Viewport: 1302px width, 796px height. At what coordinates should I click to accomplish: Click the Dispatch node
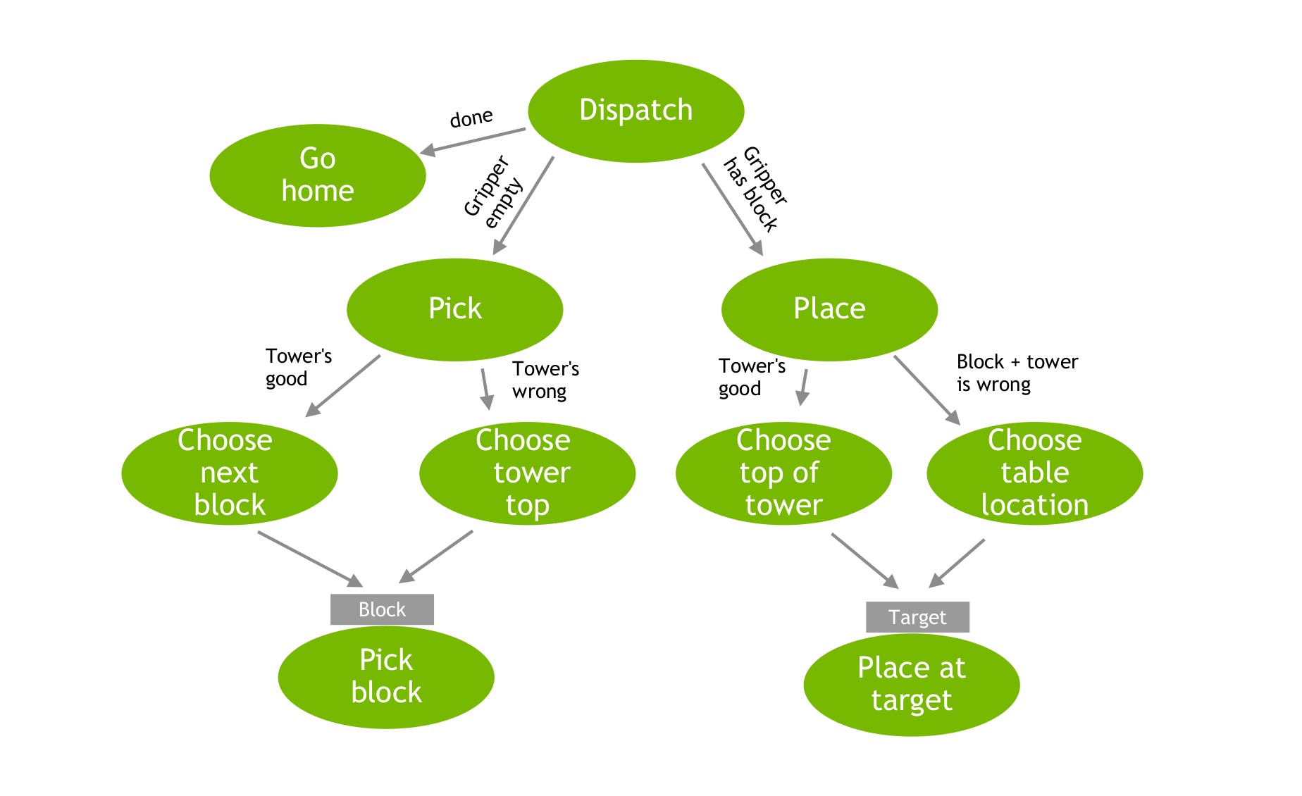[x=635, y=111]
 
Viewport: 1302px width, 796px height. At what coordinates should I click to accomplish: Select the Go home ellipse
[x=317, y=175]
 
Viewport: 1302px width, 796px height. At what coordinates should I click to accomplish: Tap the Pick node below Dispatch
[x=454, y=309]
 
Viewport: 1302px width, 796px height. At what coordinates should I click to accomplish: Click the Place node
[x=829, y=309]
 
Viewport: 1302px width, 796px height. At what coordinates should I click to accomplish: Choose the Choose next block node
[x=229, y=473]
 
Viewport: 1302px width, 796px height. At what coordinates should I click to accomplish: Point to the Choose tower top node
[x=527, y=473]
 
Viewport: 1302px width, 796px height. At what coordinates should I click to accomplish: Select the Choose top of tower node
[x=783, y=473]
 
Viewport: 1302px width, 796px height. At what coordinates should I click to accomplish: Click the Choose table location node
[x=1034, y=473]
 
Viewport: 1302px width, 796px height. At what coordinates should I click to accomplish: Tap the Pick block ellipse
[x=386, y=677]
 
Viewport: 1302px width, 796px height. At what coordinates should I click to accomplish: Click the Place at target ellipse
[x=911, y=685]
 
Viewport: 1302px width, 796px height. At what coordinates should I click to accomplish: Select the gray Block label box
[x=382, y=609]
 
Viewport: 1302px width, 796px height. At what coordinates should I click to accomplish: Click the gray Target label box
[x=917, y=617]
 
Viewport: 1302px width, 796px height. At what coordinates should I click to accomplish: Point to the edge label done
[x=471, y=118]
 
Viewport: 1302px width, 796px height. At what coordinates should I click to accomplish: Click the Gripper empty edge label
[x=494, y=192]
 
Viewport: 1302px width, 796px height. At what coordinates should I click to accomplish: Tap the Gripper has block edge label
[x=755, y=188]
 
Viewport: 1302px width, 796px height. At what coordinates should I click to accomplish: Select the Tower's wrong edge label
[x=545, y=380]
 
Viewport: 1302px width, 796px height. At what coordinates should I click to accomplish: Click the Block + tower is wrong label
[x=1016, y=373]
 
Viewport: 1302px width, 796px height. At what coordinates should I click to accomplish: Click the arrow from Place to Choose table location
[x=926, y=390]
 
